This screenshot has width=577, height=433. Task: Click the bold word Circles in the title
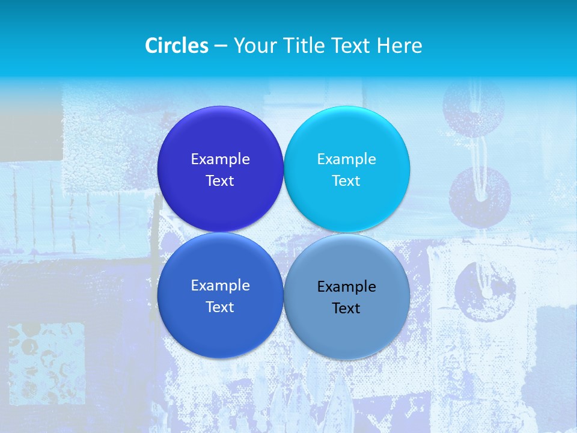coord(177,45)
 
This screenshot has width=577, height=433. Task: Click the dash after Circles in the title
coord(221,46)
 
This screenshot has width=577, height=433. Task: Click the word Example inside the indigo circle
coord(220,159)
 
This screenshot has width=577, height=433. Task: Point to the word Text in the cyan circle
coord(346,180)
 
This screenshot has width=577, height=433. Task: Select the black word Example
coord(346,286)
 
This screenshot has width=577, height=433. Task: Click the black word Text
coord(346,308)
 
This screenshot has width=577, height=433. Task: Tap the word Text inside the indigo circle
coord(220,180)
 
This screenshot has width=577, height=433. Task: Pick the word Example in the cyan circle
coord(346,159)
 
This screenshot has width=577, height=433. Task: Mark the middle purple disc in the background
coord(480,197)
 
